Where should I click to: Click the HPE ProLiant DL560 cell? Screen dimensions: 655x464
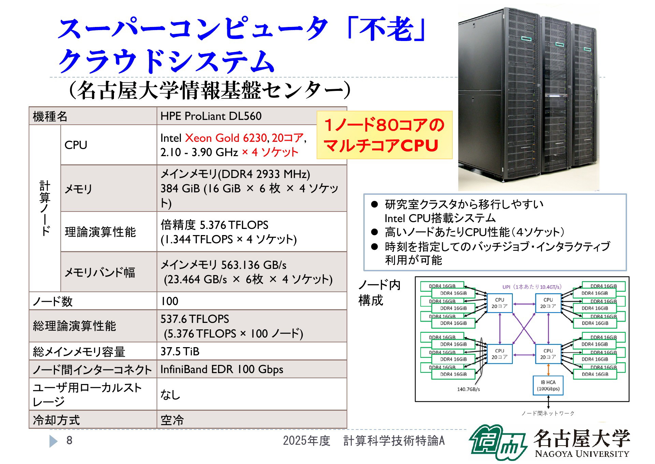point(252,116)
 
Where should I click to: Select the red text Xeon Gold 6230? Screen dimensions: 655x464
point(226,138)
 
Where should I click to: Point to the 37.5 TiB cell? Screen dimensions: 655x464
point(252,351)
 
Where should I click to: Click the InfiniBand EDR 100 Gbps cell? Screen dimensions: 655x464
point(252,369)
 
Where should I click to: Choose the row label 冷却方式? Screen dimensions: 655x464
point(56,420)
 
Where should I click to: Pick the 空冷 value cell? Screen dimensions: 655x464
point(252,420)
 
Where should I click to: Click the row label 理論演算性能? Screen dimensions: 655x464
point(100,232)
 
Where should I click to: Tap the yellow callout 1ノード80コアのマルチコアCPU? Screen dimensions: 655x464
point(384,135)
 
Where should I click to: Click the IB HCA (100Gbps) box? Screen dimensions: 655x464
point(548,385)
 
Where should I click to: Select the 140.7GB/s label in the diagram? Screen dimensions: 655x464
point(468,389)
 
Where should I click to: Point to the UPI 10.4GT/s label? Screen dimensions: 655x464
point(532,287)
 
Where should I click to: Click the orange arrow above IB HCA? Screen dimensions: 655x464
point(548,370)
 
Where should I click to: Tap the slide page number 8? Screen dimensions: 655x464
point(69,440)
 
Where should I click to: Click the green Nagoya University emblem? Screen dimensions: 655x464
point(498,442)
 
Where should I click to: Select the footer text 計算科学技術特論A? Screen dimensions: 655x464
point(394,441)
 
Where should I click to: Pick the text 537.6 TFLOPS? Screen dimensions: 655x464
point(195,319)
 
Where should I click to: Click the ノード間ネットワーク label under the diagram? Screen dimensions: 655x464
point(548,413)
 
